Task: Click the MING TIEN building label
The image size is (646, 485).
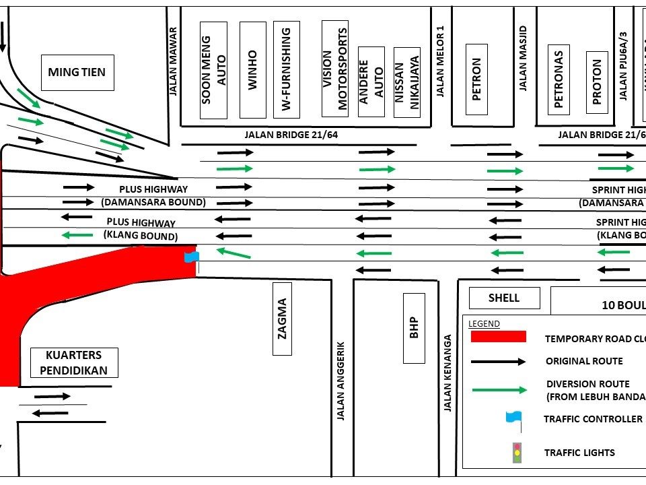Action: click(77, 72)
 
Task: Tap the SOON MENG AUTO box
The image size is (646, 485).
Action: click(214, 70)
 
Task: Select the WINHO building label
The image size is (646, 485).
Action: click(252, 70)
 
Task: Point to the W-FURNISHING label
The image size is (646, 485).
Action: click(286, 69)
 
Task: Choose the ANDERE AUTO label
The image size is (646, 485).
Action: click(371, 82)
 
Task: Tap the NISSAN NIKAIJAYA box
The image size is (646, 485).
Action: click(406, 82)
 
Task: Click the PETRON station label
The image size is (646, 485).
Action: click(476, 79)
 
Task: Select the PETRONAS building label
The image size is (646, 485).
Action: click(559, 79)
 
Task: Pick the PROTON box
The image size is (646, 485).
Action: click(597, 82)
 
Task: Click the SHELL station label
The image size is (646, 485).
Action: click(504, 298)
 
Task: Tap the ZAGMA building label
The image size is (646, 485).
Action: click(283, 317)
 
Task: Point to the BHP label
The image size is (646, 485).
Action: click(414, 328)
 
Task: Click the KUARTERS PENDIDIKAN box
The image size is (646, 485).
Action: click(74, 362)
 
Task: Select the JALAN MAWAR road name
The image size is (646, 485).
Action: click(173, 61)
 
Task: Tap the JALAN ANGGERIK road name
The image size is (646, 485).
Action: click(341, 380)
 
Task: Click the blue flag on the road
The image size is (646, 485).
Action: click(192, 257)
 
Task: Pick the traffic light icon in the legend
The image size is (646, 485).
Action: click(517, 452)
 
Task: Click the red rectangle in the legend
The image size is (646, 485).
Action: click(498, 337)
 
